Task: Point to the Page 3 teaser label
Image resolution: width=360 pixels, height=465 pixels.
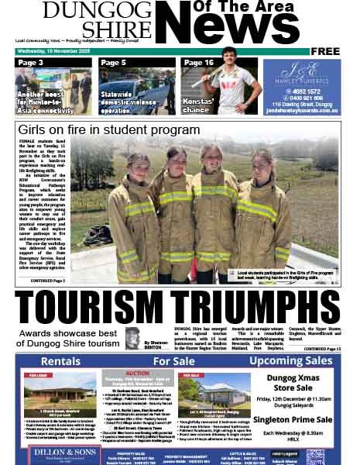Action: [31, 63]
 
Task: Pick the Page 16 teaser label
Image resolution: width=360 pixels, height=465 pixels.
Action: [198, 63]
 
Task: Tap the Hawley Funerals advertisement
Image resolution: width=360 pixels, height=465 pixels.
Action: [301, 86]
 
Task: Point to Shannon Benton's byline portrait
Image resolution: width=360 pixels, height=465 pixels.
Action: [132, 338]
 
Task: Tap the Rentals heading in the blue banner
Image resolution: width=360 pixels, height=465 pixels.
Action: [60, 361]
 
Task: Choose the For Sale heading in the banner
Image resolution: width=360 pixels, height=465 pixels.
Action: [173, 361]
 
